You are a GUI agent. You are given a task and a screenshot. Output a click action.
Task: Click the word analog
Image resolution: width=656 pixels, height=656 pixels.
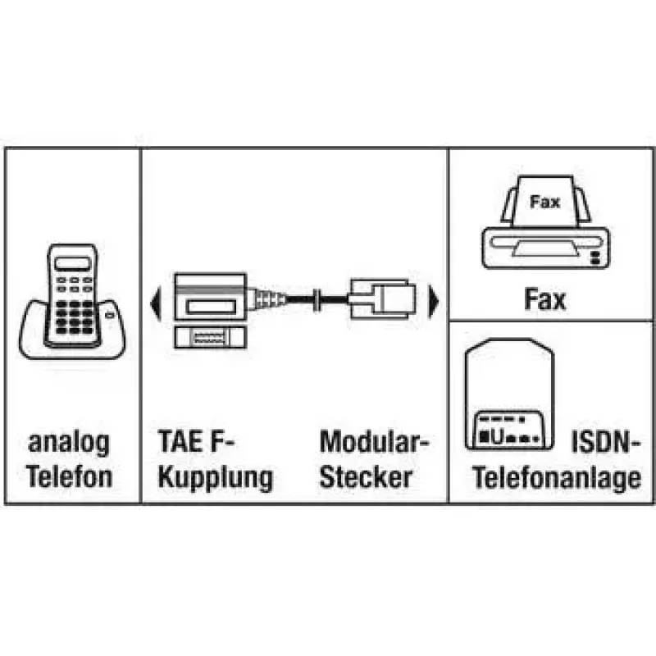(69, 444)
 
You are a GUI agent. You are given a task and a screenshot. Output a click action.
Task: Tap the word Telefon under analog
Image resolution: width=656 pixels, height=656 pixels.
(70, 476)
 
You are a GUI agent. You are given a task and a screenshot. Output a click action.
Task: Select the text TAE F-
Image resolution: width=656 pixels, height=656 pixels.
(196, 441)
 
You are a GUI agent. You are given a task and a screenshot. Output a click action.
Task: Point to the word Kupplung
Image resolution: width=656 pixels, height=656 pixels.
(215, 478)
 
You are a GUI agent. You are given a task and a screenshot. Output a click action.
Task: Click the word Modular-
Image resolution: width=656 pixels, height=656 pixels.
(375, 441)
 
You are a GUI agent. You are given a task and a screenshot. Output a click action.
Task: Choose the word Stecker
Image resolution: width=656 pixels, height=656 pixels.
(366, 476)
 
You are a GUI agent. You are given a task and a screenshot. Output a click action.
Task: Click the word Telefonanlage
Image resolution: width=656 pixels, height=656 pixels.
(557, 478)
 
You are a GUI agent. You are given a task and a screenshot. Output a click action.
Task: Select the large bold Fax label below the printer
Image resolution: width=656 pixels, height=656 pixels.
(544, 298)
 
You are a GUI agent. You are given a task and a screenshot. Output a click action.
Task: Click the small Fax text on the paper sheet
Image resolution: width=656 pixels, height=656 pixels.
(544, 202)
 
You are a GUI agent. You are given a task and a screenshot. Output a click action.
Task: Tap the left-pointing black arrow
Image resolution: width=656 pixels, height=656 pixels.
(155, 302)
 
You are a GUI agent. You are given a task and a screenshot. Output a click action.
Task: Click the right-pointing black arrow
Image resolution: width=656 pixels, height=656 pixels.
(434, 302)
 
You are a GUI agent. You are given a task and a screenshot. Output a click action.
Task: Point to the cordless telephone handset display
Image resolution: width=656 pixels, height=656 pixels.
(73, 263)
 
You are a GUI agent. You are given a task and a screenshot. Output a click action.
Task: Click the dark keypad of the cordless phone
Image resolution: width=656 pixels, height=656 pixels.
(75, 317)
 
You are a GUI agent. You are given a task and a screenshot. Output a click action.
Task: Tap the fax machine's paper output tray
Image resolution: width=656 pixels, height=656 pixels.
(546, 248)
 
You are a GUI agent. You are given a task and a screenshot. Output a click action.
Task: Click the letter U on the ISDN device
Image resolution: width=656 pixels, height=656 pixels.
(497, 437)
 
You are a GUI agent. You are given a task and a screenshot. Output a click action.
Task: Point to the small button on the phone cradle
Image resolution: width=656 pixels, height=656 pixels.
(110, 315)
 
